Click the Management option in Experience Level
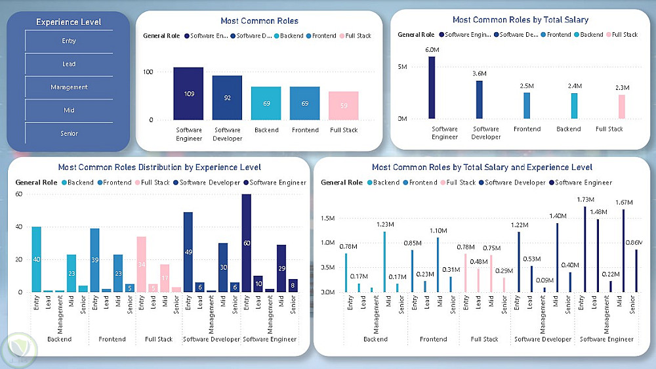69,87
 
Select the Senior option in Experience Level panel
69,133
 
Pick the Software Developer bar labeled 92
227,98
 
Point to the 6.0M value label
432,50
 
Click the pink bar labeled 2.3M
622,106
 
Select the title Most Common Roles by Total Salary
520,20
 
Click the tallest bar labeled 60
247,243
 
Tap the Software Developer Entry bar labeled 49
188,251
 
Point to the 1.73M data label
585,200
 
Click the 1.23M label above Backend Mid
384,225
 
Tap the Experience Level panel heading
69,22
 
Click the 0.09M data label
544,280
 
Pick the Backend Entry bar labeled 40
37,259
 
